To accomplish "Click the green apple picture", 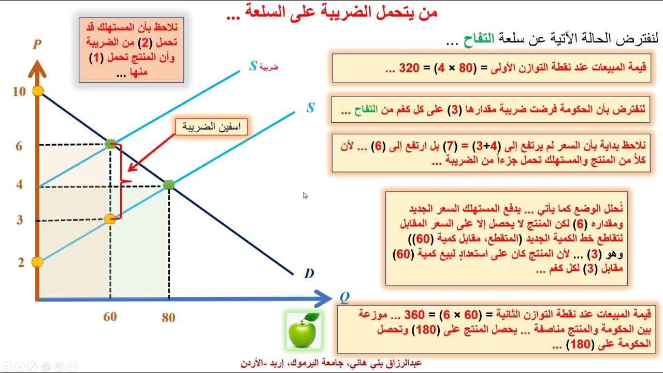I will tap(304, 330).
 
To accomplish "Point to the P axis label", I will tap(37, 45).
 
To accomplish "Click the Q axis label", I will tap(344, 297).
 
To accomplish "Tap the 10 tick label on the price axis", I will tap(19, 92).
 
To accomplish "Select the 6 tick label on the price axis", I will tap(19, 146).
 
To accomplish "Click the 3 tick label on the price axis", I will tap(20, 220).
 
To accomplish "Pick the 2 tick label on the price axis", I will tap(21, 262).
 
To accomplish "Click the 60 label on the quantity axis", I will tap(110, 317).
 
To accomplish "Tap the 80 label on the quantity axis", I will tap(168, 318).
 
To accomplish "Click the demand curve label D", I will tap(309, 274).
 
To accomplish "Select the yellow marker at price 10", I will tap(38, 91).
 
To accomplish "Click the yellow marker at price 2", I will tap(37, 262).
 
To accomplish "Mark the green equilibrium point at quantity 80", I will tap(169, 185).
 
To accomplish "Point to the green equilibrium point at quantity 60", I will tap(110, 144).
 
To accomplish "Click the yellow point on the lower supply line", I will tap(110, 219).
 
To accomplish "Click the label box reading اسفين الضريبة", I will tap(211, 127).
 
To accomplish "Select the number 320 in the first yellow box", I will tap(409, 68).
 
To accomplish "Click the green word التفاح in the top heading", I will tap(479, 39).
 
